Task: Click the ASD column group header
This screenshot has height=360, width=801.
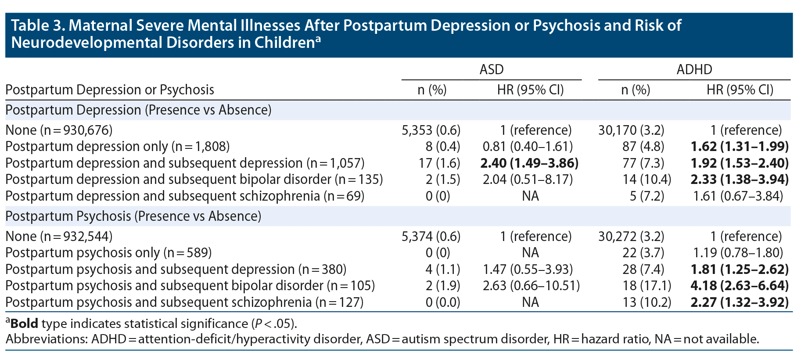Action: coord(491,69)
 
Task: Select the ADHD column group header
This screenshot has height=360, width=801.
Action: coord(694,69)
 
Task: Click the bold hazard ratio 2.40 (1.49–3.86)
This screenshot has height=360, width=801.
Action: coord(529,163)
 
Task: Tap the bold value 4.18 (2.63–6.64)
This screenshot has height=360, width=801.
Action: coord(739,286)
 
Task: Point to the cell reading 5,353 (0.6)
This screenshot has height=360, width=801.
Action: coord(431,130)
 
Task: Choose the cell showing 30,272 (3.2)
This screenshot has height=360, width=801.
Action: coord(631,237)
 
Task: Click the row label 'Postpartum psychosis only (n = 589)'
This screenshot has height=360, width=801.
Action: coord(108,253)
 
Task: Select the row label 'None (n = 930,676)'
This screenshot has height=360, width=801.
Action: coord(59,130)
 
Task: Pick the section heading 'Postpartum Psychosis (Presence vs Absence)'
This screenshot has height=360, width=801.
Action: coord(133,216)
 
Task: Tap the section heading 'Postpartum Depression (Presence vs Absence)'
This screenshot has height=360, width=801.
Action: coord(138,110)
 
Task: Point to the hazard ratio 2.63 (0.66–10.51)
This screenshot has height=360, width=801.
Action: coord(531,286)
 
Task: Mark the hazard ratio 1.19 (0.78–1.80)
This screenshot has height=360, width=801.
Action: coord(738,253)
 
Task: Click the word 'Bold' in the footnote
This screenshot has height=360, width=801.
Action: coord(24,324)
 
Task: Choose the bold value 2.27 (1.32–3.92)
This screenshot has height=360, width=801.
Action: coord(739,302)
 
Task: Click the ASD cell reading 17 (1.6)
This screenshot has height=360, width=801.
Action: coord(439,163)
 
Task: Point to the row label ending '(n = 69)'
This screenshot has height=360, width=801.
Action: coord(185,196)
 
